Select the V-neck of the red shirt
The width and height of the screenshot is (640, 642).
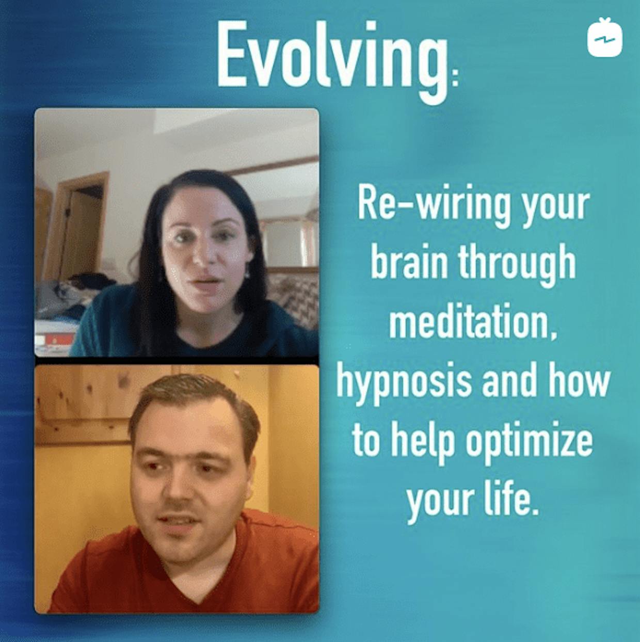coord(198,576)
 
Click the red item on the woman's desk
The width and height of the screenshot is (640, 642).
coord(60,339)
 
